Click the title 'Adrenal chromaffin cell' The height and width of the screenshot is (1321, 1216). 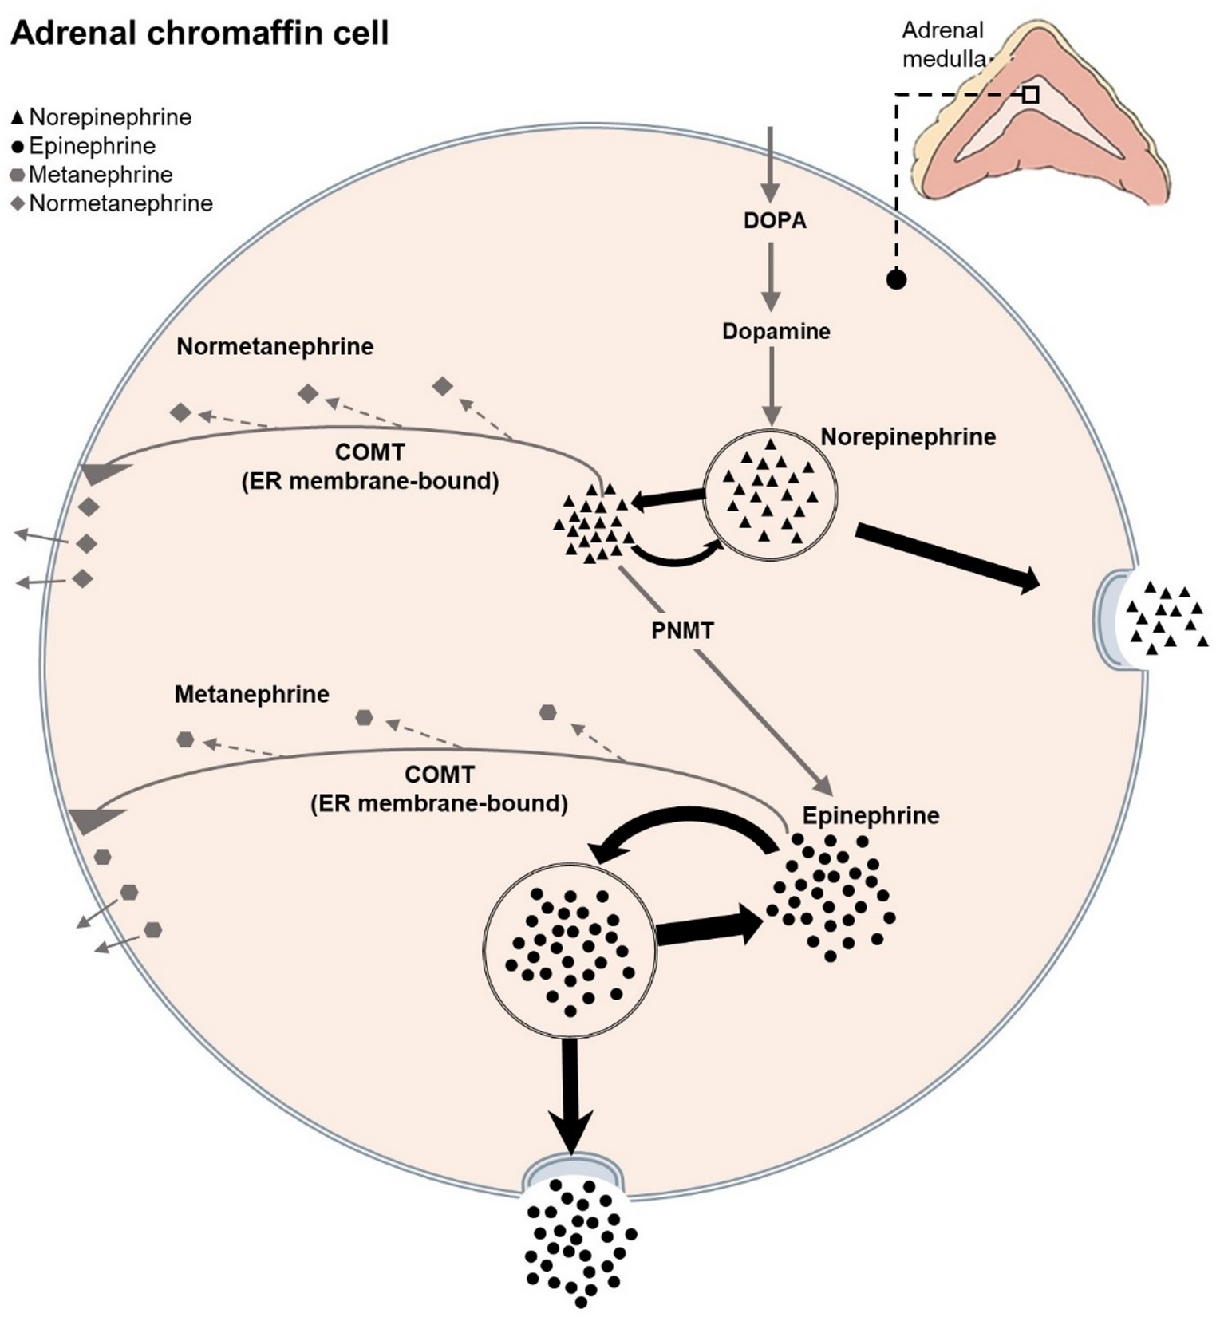(199, 33)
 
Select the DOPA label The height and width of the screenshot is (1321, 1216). (775, 220)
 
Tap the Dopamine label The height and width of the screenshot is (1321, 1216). (776, 331)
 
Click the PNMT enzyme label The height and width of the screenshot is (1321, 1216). (682, 631)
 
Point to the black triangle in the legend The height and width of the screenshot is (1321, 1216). (17, 118)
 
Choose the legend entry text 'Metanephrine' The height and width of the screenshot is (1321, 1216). (101, 175)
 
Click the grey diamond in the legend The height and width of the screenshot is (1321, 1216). (17, 204)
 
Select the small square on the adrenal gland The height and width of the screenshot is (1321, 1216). (1031, 95)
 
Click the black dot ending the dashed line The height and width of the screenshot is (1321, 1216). (896, 279)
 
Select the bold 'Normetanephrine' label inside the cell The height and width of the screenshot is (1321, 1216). (275, 347)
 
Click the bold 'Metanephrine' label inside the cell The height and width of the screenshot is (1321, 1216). (251, 694)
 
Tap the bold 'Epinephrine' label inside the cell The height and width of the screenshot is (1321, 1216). (871, 816)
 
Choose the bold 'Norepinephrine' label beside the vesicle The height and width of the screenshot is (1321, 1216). (908, 437)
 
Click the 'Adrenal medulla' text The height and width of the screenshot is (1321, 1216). (943, 45)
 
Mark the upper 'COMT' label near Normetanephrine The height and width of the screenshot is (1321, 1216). (369, 452)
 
